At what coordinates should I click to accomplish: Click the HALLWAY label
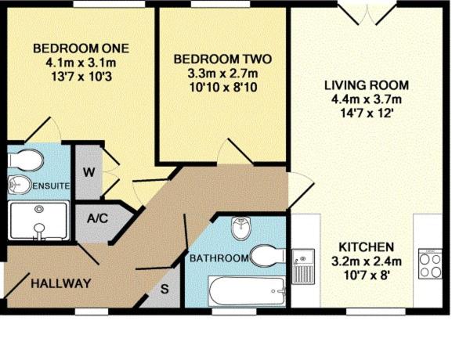point(61,283)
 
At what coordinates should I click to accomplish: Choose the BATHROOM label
point(220,257)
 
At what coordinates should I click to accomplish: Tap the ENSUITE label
point(52,186)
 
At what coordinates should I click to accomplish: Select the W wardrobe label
point(88,172)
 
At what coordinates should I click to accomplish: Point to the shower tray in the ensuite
point(38,221)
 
